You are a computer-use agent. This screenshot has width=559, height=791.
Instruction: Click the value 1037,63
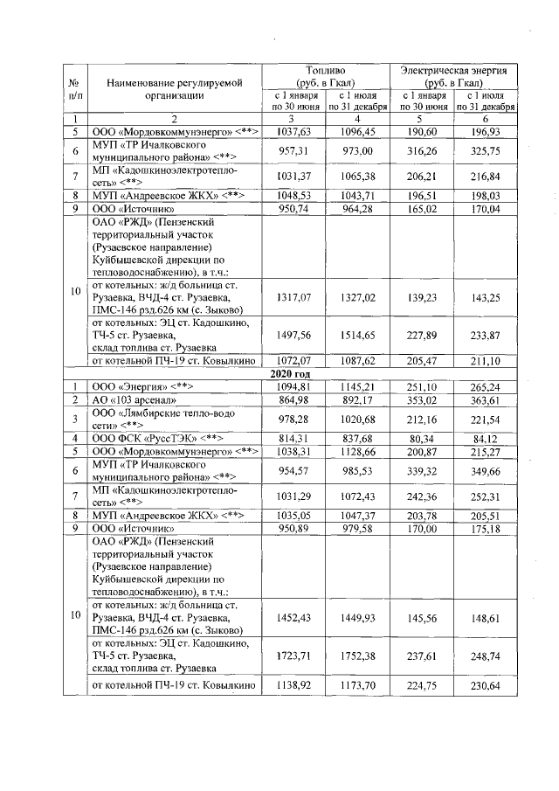coord(294,131)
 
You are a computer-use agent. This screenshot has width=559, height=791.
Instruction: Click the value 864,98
coord(294,399)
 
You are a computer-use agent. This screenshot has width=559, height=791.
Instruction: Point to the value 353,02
coord(422,399)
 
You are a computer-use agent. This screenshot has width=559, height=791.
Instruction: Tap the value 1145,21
coord(358,386)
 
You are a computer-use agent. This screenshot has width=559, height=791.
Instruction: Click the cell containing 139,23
coord(422,298)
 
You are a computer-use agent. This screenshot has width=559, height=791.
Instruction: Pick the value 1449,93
coord(358,616)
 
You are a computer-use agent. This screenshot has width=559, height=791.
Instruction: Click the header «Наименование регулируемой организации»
coord(175,89)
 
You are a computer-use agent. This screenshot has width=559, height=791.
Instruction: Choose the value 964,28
coord(358,210)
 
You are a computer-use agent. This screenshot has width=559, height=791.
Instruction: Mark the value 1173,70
coord(358,686)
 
